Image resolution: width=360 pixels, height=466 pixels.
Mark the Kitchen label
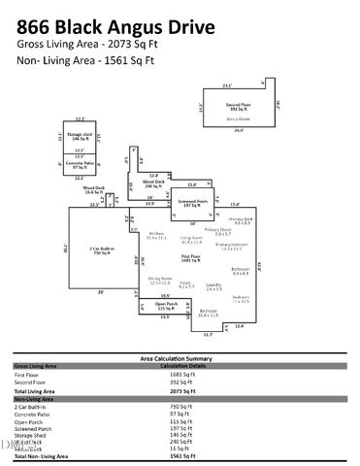pos(155,234)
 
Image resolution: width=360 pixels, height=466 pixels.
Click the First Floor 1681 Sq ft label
pos(190,257)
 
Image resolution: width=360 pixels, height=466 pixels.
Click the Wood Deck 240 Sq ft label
pos(153,183)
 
